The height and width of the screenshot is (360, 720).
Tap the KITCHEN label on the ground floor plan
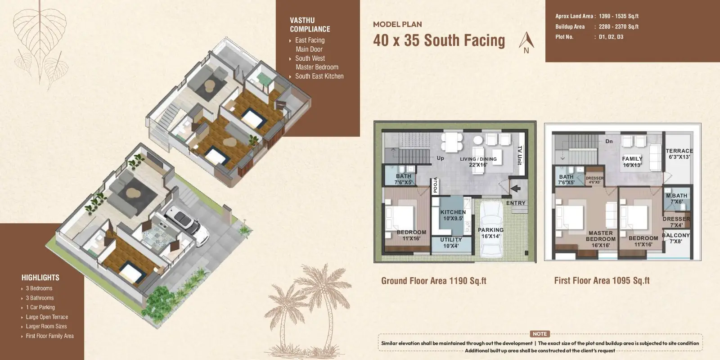pos(453,212)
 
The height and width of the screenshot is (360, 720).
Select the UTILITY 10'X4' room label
pos(451,243)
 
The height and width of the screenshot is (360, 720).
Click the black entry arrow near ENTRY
pos(516,189)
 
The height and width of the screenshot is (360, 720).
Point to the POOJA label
pos(435,185)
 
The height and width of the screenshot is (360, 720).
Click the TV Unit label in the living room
pos(520,156)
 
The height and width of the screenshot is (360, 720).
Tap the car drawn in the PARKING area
pos(491,229)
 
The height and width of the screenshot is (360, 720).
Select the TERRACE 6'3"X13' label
pos(679,154)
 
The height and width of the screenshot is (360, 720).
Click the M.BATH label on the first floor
pos(677,196)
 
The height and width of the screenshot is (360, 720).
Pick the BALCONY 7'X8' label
pos(675,238)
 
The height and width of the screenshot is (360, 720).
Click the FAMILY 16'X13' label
pos(632,162)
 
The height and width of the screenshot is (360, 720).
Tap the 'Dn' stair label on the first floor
pos(609,141)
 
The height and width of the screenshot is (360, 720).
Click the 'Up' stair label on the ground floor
pos(440,158)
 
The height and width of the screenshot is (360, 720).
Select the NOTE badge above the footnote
pos(540,334)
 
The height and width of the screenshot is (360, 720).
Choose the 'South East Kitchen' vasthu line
pos(317,76)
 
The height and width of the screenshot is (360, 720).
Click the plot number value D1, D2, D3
pos(611,37)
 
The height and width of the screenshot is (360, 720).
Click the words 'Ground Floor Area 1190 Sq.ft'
pos(434,281)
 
